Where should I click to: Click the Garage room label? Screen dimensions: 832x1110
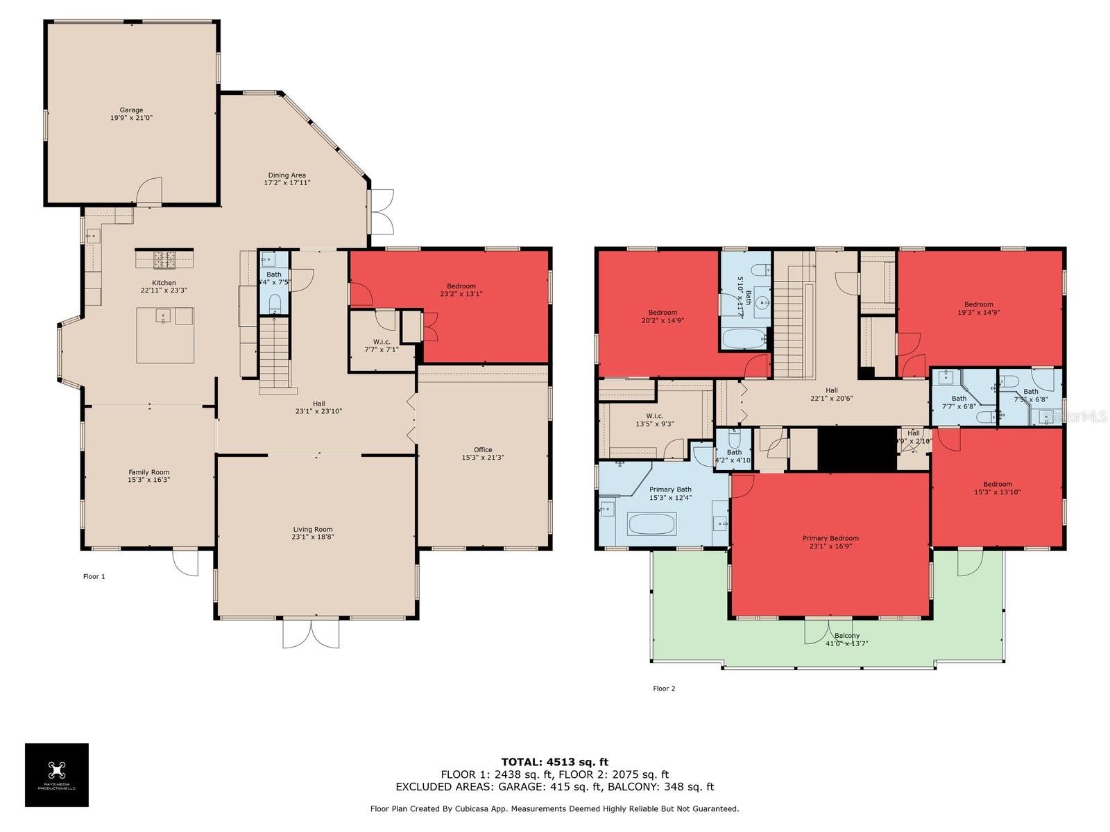[131, 110]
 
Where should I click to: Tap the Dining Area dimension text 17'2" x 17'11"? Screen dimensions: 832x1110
[287, 183]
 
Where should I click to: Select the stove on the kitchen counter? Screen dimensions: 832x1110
[164, 259]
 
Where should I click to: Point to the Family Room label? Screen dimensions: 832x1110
[148, 473]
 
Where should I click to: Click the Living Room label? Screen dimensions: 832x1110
[312, 530]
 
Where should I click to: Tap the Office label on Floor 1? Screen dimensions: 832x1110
[483, 450]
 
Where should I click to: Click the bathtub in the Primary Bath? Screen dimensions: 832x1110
[651, 523]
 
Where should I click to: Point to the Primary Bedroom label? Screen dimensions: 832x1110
[830, 539]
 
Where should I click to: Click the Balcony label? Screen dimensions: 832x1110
[846, 636]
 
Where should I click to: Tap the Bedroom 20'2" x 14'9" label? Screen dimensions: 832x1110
[663, 313]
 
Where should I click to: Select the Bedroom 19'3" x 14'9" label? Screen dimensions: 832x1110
[978, 304]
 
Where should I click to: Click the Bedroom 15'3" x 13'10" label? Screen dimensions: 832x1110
[997, 485]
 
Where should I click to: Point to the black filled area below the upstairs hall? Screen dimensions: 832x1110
[857, 449]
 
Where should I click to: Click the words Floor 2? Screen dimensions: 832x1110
[663, 688]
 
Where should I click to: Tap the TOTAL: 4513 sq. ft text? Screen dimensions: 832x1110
[554, 762]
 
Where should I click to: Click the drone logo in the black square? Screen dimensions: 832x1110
[57, 770]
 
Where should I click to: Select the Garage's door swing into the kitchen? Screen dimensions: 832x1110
[149, 191]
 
